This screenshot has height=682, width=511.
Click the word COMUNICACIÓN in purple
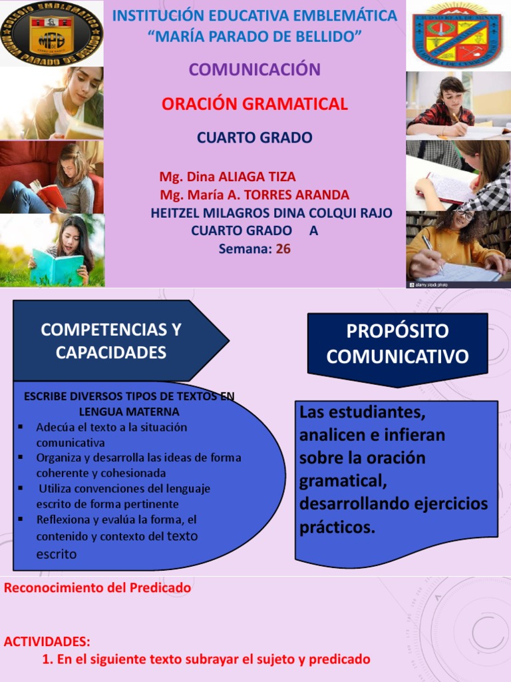coord(255,69)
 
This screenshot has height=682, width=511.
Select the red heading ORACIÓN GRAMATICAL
coord(255,104)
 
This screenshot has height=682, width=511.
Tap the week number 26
coord(283,249)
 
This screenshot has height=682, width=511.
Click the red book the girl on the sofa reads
coord(50,194)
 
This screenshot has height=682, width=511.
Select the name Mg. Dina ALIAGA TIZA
coord(228,177)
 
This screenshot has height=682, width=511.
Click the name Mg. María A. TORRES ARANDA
coord(255,195)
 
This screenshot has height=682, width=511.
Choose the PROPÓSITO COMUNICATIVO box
coord(397,344)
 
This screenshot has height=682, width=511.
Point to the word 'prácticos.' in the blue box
coord(337,528)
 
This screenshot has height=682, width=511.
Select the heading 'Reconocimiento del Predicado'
coord(97,588)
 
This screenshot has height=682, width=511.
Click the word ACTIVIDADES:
coord(47,642)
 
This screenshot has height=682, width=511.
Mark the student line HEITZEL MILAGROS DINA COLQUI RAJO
coord(271,213)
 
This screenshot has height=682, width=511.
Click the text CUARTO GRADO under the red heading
coord(255,138)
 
